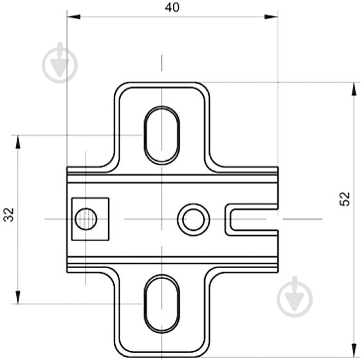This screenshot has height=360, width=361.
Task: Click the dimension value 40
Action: tap(172, 7)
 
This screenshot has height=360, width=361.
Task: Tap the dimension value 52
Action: tap(345, 199)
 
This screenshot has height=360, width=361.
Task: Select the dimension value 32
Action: tap(9, 214)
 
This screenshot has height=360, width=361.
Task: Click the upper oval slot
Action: tap(162, 135)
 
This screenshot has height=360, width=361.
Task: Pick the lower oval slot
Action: tap(162, 303)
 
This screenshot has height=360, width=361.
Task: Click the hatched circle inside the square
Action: tap(86, 219)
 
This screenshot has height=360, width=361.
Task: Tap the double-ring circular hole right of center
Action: tap(194, 219)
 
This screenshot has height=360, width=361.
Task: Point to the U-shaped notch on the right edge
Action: tap(252, 219)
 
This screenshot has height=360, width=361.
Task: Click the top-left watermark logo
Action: tap(60, 63)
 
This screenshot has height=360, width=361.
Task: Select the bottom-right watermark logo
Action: tap(295, 297)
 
